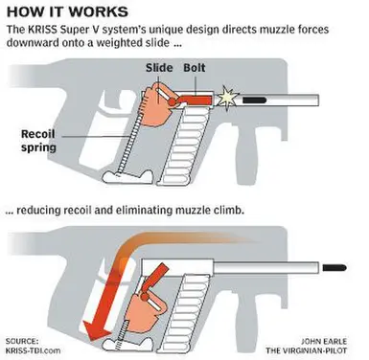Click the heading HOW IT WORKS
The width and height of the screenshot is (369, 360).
[x=67, y=11]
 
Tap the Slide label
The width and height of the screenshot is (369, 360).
[x=159, y=68]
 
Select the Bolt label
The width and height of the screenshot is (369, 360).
[x=195, y=68]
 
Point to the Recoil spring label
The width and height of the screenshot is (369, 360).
[x=38, y=141]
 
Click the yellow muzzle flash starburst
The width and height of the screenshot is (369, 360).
[x=227, y=99]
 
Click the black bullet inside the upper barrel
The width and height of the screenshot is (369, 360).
[x=254, y=101]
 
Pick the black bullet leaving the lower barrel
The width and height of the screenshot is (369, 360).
[x=334, y=267]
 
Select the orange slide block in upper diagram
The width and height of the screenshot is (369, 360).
[x=156, y=105]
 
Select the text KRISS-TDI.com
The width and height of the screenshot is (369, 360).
[x=33, y=350]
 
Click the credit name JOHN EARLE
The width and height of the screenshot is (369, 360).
[x=323, y=341]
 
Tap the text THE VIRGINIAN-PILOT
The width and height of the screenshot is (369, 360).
[x=306, y=350]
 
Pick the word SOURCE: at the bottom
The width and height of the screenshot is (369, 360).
[x=22, y=341]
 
